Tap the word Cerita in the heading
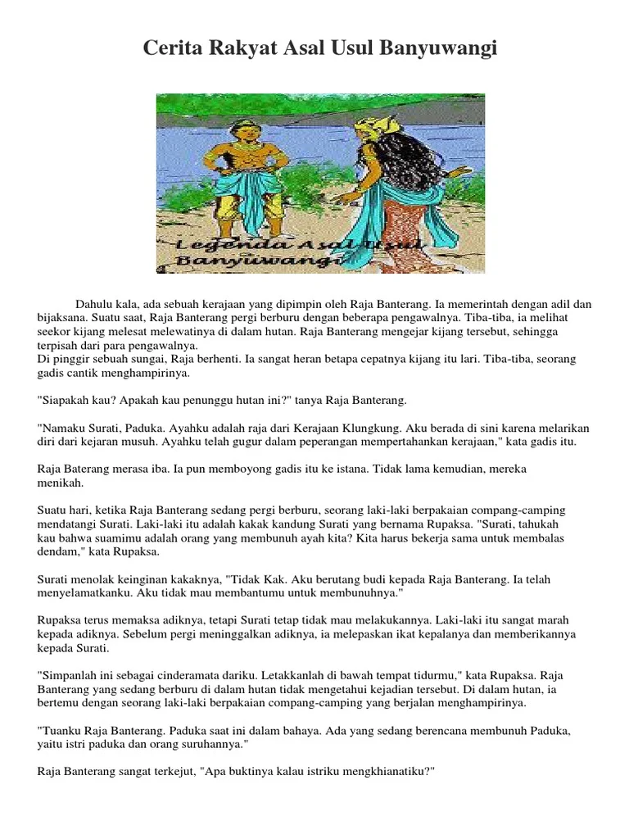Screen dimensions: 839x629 coord(172,50)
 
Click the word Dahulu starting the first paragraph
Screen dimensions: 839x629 coord(95,304)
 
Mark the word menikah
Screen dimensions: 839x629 coord(60,483)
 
